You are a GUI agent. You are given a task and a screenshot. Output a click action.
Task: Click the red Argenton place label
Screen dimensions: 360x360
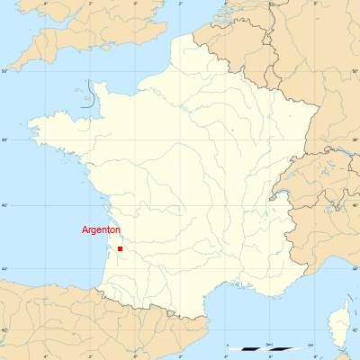pyautogui.click(x=101, y=230)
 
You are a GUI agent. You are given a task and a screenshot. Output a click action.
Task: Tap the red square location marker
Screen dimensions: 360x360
pyautogui.click(x=120, y=248)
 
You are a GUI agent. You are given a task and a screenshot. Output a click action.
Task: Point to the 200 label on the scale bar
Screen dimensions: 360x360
pyautogui.click(x=310, y=344)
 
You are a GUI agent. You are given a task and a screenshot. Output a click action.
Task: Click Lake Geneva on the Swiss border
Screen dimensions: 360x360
pyautogui.click(x=286, y=192)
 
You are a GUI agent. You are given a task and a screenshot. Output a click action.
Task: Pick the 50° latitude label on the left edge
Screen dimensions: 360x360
pyautogui.click(x=4, y=70)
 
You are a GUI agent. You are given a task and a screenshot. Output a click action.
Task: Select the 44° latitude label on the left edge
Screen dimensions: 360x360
pyautogui.click(x=4, y=268)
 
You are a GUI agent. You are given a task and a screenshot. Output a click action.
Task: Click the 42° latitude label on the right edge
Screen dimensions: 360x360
pyautogui.click(x=355, y=331)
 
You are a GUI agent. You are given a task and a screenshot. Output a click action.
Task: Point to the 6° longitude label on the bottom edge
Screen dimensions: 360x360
pyautogui.click(x=269, y=356)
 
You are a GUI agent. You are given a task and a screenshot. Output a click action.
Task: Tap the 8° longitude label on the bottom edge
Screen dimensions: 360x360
pyautogui.click(x=313, y=356)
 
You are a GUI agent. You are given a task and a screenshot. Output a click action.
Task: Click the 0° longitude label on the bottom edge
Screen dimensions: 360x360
pyautogui.click(x=136, y=356)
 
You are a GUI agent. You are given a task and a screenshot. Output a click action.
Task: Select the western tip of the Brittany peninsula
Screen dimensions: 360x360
pyautogui.click(x=30, y=123)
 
